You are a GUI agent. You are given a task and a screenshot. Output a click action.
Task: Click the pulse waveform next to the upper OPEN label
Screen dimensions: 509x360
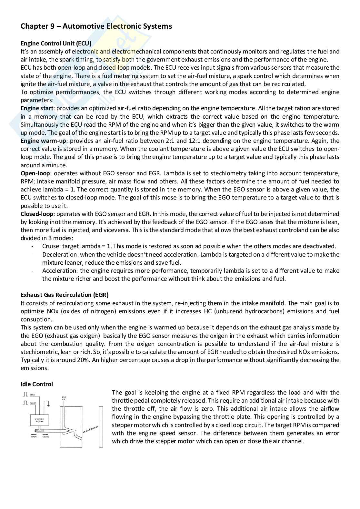[x=25, y=394]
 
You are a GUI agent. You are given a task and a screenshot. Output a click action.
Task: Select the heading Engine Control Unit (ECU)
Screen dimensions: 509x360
[x=56, y=43]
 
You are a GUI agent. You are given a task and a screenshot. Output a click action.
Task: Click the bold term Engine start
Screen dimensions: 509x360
[x=36, y=108]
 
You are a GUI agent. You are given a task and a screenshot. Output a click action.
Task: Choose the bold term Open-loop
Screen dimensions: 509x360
[x=35, y=173]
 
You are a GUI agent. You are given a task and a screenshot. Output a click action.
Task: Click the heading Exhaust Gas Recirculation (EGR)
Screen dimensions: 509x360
[x=65, y=295]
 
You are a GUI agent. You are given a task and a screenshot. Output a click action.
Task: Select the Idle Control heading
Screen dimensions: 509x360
[x=36, y=384]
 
